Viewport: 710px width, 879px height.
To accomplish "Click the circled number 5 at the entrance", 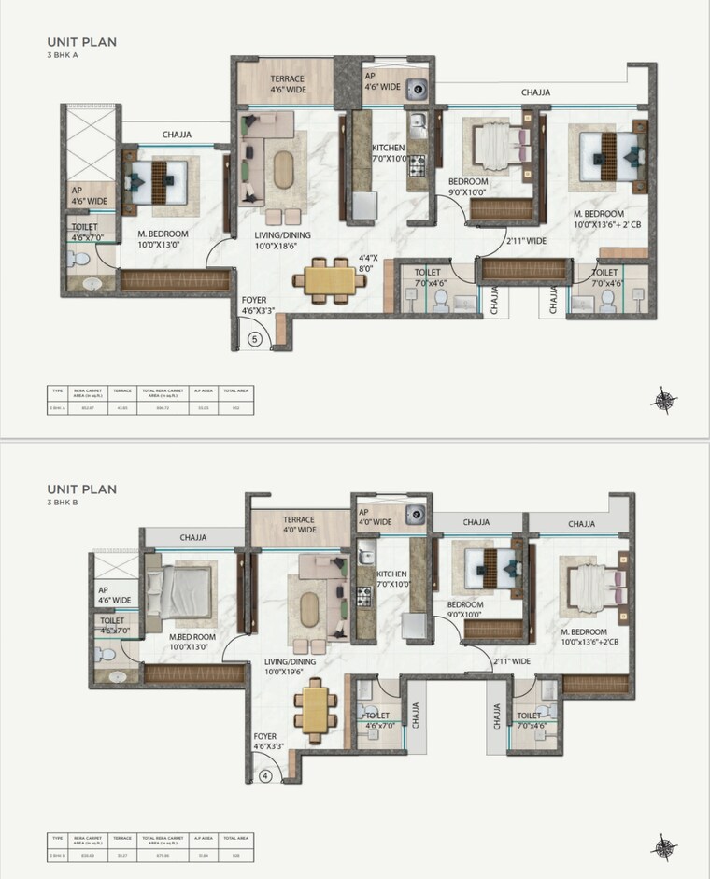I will coord(254,340).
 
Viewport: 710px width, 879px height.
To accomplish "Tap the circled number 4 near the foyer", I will coord(266,773).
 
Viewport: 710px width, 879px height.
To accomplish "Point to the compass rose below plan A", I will coord(664,399).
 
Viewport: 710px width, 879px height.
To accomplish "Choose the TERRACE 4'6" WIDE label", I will coord(288,84).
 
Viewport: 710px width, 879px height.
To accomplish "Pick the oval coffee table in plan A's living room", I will coord(282,169).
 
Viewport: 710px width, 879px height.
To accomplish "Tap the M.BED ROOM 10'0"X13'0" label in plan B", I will coord(192,645).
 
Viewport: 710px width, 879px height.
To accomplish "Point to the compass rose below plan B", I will coord(664,845).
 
